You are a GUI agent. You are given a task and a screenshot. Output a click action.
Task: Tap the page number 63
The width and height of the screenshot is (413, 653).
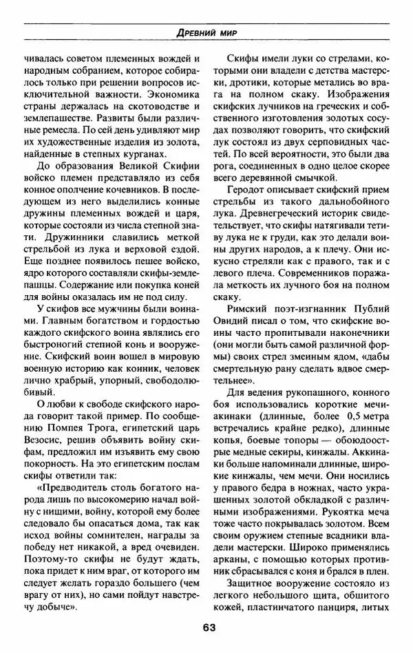pos(209,627)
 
